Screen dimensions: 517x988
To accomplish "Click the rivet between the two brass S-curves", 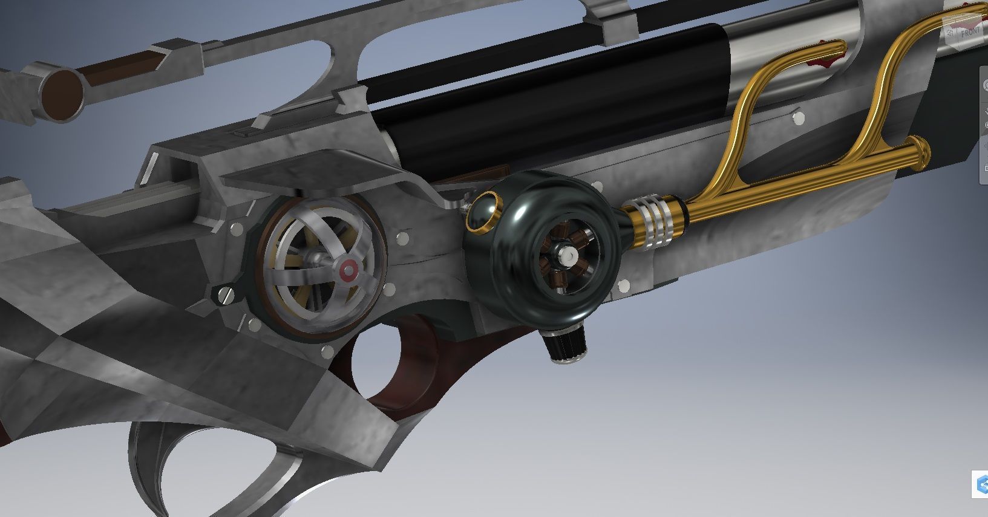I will point(798,116).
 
